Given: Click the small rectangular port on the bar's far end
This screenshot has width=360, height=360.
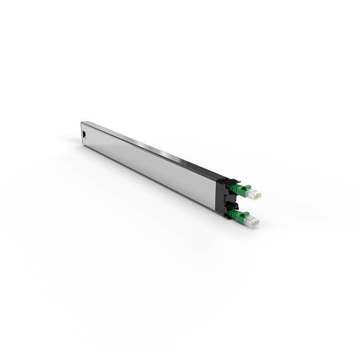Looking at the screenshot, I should click(84, 134).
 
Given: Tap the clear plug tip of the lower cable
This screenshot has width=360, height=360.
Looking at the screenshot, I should click(252, 221).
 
